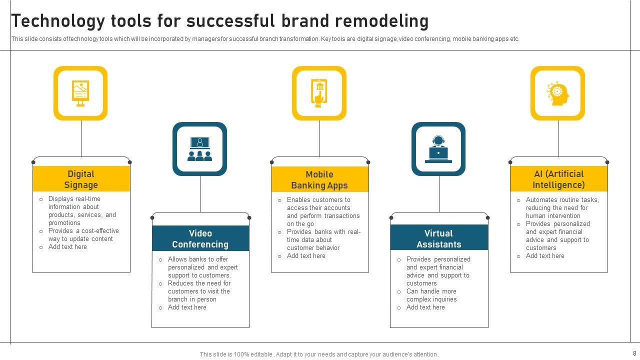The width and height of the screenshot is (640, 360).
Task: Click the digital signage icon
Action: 80,93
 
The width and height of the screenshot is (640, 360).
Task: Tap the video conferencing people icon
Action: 199,149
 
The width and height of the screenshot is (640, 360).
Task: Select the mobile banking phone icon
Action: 319,93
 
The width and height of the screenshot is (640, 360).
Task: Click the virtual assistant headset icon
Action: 438,149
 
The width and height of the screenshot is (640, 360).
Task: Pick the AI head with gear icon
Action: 558,93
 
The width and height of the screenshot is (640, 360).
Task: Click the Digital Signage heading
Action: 81,179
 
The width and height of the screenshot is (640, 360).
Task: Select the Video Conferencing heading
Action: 200,239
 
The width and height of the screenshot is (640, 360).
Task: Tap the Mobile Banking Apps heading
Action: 319,180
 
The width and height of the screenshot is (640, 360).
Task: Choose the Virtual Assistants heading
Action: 438,239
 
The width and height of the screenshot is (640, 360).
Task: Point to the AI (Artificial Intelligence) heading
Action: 558,179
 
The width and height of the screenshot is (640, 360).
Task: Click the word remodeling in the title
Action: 382,21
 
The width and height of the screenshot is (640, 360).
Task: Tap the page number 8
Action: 634,353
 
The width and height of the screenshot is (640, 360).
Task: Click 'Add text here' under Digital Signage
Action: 67,247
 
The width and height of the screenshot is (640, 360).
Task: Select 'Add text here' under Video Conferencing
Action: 187,307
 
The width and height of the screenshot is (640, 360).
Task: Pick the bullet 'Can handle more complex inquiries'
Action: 431,295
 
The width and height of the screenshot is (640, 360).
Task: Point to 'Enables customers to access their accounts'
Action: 318,204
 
